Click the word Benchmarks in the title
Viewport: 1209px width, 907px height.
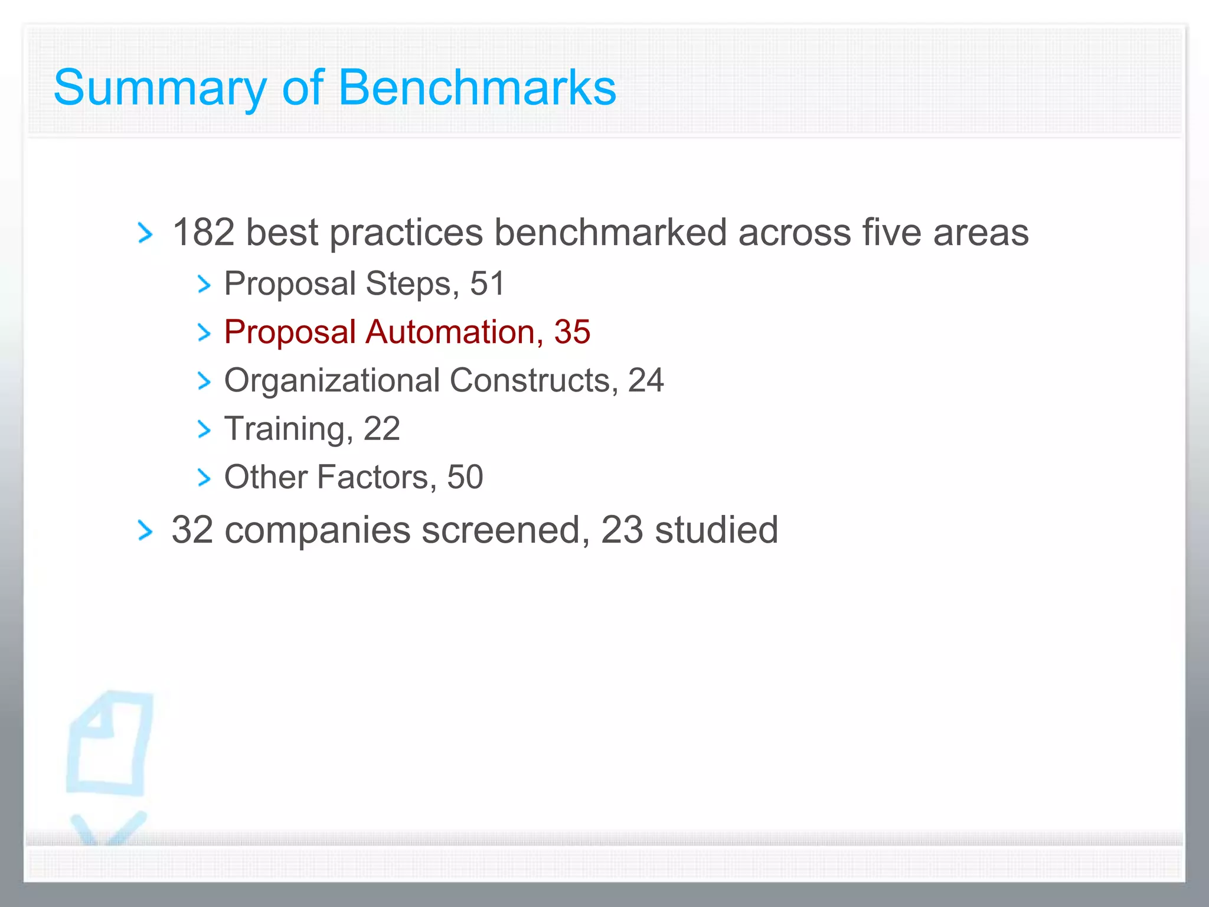point(477,87)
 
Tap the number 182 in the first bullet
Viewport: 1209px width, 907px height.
point(203,232)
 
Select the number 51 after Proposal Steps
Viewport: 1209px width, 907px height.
point(488,283)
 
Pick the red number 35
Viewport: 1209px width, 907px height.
point(572,332)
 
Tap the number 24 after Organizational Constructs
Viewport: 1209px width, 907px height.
point(646,380)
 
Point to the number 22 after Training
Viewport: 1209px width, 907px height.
point(382,429)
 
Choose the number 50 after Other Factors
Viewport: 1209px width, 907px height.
point(465,477)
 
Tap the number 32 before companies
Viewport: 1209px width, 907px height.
point(192,530)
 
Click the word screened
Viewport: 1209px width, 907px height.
point(505,530)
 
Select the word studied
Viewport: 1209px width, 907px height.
point(717,530)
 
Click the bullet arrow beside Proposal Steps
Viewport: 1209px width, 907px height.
point(204,285)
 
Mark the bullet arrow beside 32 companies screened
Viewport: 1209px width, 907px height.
point(145,530)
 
